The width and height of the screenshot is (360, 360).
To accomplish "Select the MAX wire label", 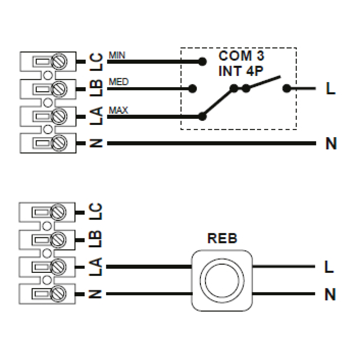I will point(118,110).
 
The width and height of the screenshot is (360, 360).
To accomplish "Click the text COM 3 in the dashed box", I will point(241,56).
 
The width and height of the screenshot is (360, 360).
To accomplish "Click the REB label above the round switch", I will point(222,239).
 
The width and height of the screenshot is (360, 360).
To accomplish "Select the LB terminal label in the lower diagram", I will point(96,239).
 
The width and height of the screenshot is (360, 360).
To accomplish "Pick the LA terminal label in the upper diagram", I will point(96,116).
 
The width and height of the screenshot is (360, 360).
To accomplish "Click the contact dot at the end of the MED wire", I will point(193,88).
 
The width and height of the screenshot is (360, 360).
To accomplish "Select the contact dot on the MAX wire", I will point(203,116).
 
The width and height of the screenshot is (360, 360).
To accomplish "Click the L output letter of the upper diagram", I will point(330,89).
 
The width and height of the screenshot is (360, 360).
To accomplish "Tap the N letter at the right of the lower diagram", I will point(330,295).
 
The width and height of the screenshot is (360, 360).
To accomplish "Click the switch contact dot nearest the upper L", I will point(287,88).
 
